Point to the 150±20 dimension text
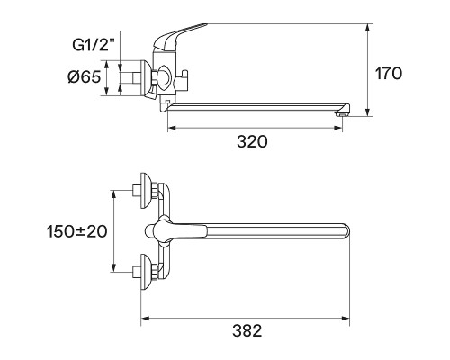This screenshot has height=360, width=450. tap(76, 231)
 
